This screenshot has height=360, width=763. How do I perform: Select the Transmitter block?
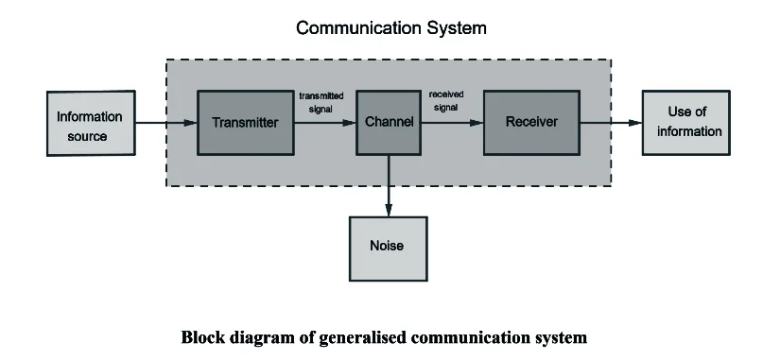click(x=246, y=123)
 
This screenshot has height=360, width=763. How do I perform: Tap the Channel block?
click(x=388, y=123)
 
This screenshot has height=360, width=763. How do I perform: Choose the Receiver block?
click(x=531, y=123)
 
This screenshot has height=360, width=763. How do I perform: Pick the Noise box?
click(x=388, y=246)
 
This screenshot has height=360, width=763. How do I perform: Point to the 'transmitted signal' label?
click(x=321, y=102)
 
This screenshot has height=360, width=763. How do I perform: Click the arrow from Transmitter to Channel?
click(x=324, y=123)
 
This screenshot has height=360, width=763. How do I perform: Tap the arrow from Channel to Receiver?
click(x=451, y=123)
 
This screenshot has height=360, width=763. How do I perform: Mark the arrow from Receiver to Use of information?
click(x=611, y=123)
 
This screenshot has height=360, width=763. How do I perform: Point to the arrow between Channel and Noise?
click(x=388, y=185)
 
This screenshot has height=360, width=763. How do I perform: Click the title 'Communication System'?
click(x=391, y=28)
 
